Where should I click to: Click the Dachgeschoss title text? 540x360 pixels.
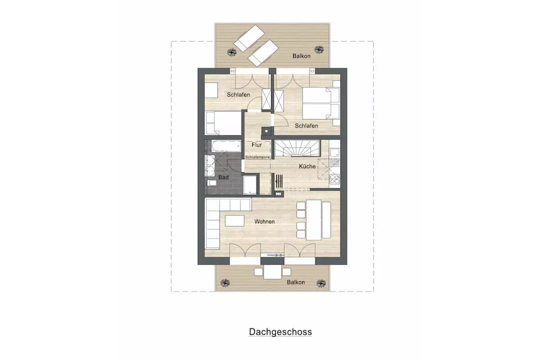coord(281,332)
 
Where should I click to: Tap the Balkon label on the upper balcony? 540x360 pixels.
coord(301,56)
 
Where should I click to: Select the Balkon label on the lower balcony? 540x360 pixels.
coord(296,282)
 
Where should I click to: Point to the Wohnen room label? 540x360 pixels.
coord(265,221)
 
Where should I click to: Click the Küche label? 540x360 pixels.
coord(307,166)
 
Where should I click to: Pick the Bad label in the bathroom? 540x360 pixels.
coord(223,177)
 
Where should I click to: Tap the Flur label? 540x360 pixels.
coord(257,145)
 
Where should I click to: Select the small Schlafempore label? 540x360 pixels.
coord(257,157)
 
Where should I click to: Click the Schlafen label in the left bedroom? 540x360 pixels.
coord(238,95)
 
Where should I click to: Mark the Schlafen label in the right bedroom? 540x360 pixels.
coord(306,125)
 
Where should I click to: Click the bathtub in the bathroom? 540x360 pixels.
coord(226,146)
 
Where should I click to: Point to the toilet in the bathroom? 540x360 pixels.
coord(211,182)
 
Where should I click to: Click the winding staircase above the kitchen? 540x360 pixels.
coord(297,148)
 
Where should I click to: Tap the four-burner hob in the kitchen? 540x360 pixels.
coord(334,179)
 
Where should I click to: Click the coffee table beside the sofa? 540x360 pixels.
coord(235,220)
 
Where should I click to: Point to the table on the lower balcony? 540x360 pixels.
coord(273,272)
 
